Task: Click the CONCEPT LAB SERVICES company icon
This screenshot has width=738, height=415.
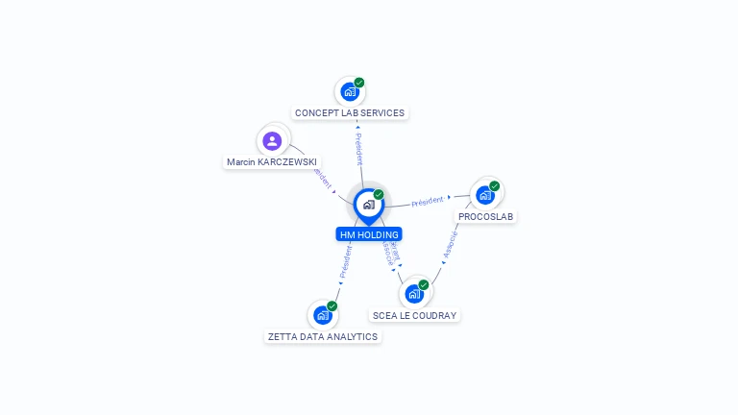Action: [x=350, y=92]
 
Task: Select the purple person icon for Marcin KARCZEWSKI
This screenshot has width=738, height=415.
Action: [x=273, y=141]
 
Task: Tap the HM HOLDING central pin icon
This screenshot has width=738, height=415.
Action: [x=368, y=205]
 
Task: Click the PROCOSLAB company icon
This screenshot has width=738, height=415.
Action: [x=485, y=195]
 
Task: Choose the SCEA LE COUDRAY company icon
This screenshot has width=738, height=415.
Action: [x=414, y=294]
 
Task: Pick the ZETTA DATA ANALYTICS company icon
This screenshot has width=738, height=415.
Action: [x=323, y=315]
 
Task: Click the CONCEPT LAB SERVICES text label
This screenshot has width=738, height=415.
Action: [x=350, y=113]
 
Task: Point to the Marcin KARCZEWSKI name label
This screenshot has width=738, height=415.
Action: [x=272, y=162]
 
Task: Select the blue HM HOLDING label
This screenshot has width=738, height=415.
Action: [x=369, y=234]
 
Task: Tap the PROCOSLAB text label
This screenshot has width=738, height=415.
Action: [x=485, y=217]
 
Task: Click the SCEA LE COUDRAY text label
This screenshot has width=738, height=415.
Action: [x=415, y=315]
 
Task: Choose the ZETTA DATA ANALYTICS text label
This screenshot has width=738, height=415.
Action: [x=323, y=336]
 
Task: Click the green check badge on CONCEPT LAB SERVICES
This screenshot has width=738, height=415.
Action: [x=359, y=83]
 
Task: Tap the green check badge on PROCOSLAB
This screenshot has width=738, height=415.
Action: [x=495, y=185]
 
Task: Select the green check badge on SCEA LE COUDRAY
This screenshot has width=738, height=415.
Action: [x=424, y=284]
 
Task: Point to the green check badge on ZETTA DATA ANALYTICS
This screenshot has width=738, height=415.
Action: [x=332, y=305]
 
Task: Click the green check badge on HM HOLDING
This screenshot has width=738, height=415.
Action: [x=379, y=194]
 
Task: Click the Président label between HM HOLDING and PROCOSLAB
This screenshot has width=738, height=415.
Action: [x=428, y=201]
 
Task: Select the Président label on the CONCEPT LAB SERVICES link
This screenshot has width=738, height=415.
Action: [x=358, y=149]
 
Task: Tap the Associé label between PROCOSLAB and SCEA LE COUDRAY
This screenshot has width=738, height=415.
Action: [x=450, y=245]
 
